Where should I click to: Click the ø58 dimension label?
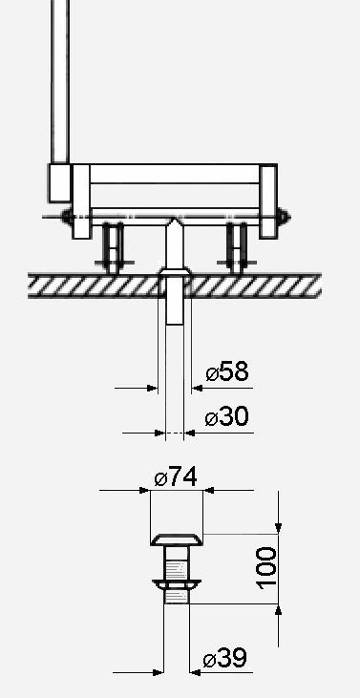pyautogui.click(x=227, y=371)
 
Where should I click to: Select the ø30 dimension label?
pyautogui.click(x=227, y=416)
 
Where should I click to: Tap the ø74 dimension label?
pyautogui.click(x=176, y=477)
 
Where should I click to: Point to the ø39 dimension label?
pyautogui.click(x=224, y=658)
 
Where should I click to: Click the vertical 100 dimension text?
pyautogui.click(x=266, y=568)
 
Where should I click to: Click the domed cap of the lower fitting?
pyautogui.click(x=177, y=539)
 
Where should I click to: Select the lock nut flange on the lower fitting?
pyautogui.click(x=177, y=584)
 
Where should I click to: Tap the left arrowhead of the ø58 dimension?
pyautogui.click(x=153, y=389)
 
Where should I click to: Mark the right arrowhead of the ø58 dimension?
pyautogui.click(x=197, y=389)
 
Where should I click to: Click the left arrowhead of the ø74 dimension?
pyautogui.click(x=145, y=490)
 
